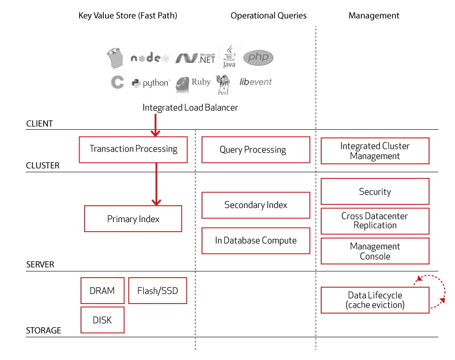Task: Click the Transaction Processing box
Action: click(x=133, y=150)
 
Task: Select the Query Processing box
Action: click(x=256, y=150)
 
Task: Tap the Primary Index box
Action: click(x=133, y=218)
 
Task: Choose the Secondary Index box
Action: click(x=256, y=205)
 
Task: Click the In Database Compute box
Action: click(x=256, y=241)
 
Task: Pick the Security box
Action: click(x=375, y=191)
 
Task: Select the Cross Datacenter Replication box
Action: click(x=375, y=221)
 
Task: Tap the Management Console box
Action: click(x=375, y=251)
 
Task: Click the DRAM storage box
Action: click(x=102, y=291)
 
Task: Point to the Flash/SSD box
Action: click(x=157, y=291)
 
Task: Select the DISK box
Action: click(x=102, y=320)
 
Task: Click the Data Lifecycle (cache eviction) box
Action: click(x=375, y=300)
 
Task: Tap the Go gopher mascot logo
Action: click(x=115, y=58)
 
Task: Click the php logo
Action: click(x=258, y=57)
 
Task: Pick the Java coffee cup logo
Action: click(x=229, y=56)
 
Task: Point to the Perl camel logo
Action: click(x=223, y=85)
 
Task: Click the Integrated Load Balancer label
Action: click(x=190, y=108)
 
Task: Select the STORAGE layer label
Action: click(x=44, y=330)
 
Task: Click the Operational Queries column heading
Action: click(x=268, y=15)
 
